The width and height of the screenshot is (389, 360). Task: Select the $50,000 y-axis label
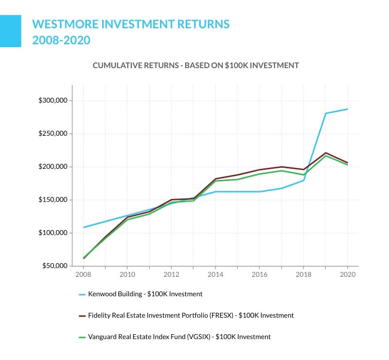point(53,266)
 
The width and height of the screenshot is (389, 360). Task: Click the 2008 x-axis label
point(83,274)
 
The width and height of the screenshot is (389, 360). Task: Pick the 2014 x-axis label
point(215,274)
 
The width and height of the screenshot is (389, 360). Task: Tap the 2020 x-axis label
point(347,274)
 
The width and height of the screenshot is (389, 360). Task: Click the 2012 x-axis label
point(171,274)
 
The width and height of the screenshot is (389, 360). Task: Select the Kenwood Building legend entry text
point(145,294)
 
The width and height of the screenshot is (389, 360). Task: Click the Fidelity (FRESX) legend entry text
point(191,315)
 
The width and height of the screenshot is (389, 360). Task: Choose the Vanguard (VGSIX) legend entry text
point(179,337)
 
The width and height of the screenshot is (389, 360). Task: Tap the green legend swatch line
point(82,337)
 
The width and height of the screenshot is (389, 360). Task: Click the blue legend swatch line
point(82,294)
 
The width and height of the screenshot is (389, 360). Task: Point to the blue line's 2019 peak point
point(325,113)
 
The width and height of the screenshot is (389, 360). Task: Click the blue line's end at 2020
point(347,109)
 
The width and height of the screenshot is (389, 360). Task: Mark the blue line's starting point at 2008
point(84,227)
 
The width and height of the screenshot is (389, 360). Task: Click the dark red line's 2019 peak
point(325,153)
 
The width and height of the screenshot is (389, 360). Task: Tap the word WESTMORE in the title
point(63,24)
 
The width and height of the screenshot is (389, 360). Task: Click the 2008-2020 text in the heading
point(61,40)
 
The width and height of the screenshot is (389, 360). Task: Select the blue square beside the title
point(10,31)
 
